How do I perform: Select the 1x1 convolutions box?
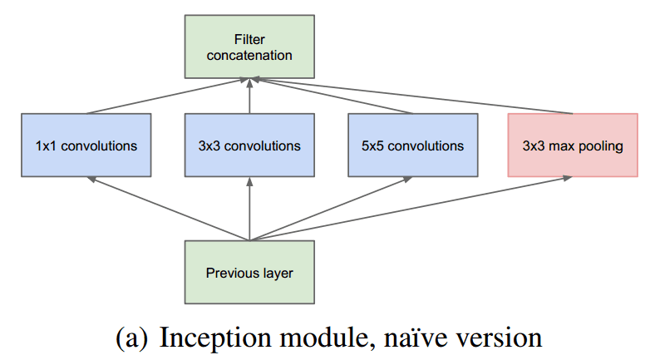[86, 145]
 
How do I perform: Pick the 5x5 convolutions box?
[413, 145]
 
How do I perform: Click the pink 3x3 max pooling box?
[573, 145]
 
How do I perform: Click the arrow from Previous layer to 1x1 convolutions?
[166, 208]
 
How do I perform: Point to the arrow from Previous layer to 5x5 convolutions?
[332, 208]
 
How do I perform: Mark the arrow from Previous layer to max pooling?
[416, 208]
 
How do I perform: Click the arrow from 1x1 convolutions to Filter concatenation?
[166, 96]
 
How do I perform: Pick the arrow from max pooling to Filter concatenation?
[416, 96]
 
